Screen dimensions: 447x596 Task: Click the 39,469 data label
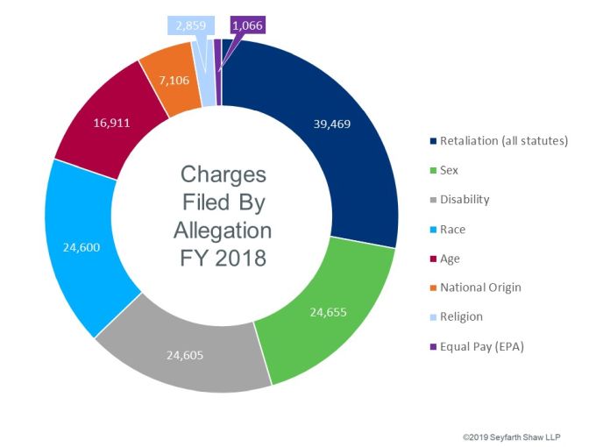click(x=331, y=124)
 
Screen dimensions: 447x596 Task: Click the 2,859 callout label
click(x=189, y=26)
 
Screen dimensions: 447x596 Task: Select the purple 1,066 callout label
click(x=248, y=26)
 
